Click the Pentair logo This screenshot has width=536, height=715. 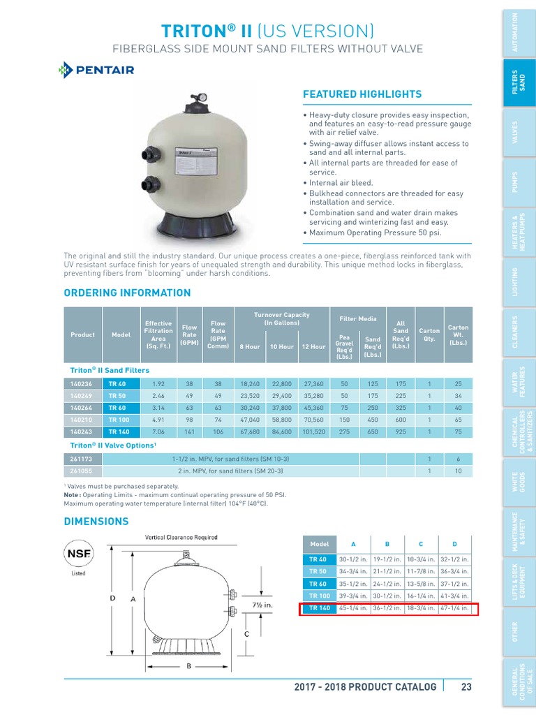96,70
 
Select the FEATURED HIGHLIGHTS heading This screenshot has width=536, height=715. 362,94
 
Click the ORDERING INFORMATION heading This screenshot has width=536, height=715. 127,293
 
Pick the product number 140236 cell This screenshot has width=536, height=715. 82,383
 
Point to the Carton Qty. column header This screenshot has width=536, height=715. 429,334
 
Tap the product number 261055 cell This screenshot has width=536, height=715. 82,471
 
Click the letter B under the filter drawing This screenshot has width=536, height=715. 188,667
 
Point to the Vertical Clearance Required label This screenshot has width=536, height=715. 181,537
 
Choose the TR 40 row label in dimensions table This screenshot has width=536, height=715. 318,559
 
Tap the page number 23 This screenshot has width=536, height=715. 467,686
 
